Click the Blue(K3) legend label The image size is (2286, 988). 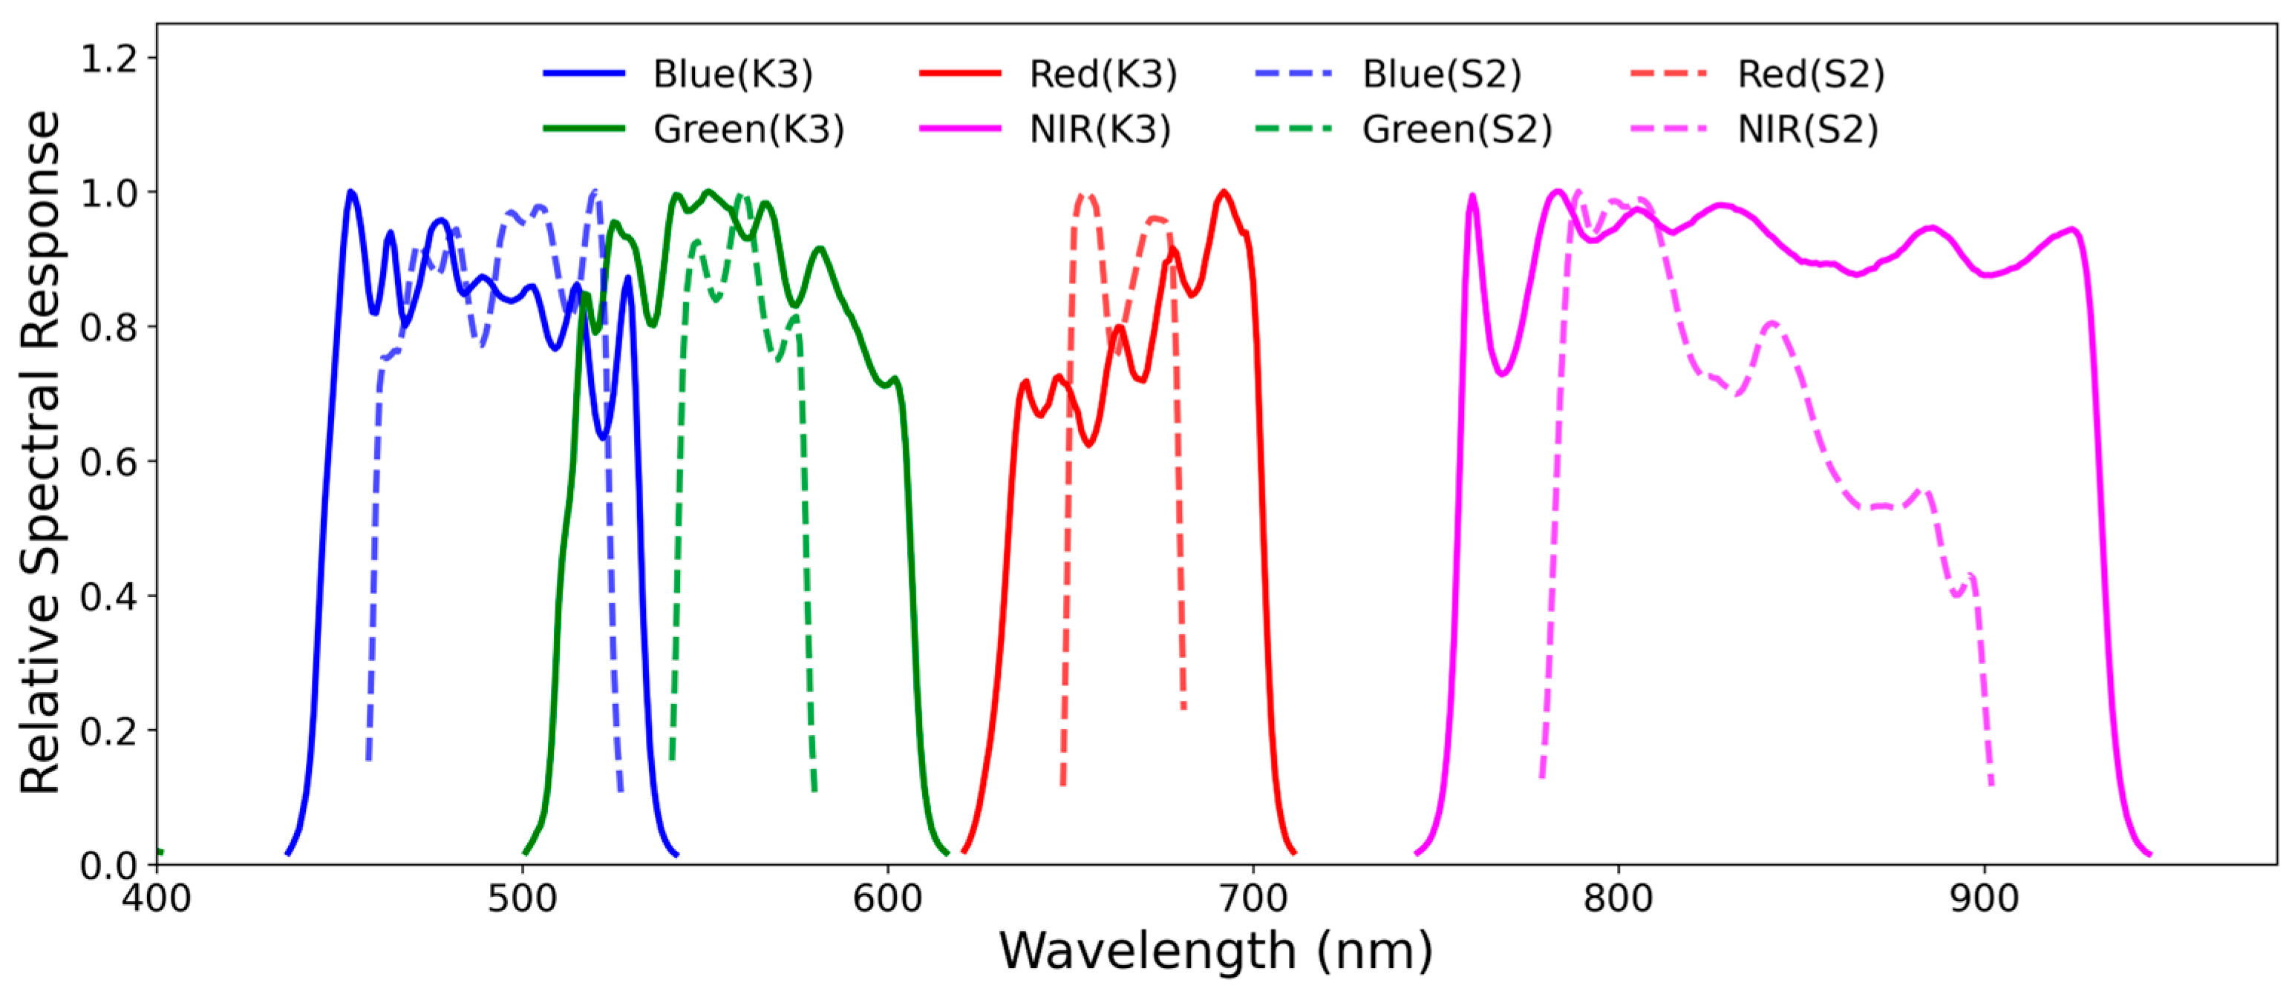(732, 73)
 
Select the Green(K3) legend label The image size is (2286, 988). (748, 130)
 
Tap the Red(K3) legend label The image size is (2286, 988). (1103, 73)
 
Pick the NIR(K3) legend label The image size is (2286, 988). (1100, 130)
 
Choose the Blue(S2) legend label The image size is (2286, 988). (1441, 73)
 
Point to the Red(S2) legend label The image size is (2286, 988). (1810, 73)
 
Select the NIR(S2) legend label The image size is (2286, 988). (1808, 130)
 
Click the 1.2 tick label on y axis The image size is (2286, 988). (109, 59)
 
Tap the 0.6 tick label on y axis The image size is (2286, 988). (109, 462)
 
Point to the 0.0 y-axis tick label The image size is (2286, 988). (109, 865)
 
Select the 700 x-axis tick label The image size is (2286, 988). (1253, 898)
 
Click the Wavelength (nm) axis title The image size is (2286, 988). (1216, 951)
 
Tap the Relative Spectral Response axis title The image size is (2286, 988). (41, 452)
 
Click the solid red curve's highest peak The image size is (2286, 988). (1224, 191)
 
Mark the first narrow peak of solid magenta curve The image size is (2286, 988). (1473, 195)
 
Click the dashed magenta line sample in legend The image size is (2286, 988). (1668, 130)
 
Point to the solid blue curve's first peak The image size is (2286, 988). (351, 191)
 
